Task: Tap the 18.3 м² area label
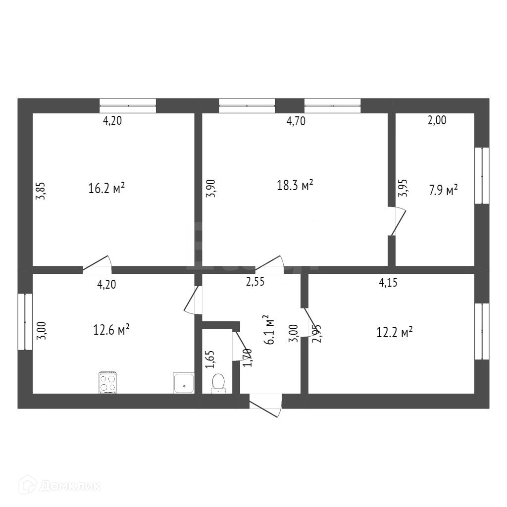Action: pyautogui.click(x=295, y=185)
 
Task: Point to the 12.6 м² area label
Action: pyautogui.click(x=111, y=329)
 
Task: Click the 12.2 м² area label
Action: pyautogui.click(x=395, y=332)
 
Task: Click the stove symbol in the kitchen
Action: pyautogui.click(x=108, y=382)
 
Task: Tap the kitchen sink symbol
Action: pyautogui.click(x=184, y=383)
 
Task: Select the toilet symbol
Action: pyautogui.click(x=218, y=383)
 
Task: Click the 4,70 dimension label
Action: pyautogui.click(x=296, y=121)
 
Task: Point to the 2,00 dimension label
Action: pyautogui.click(x=437, y=120)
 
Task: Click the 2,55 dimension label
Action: pyautogui.click(x=255, y=282)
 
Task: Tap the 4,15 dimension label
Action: pyautogui.click(x=389, y=283)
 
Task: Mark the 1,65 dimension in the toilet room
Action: pyautogui.click(x=210, y=359)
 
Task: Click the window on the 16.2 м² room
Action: pyautogui.click(x=128, y=105)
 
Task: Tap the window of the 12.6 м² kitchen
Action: pyautogui.click(x=25, y=322)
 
